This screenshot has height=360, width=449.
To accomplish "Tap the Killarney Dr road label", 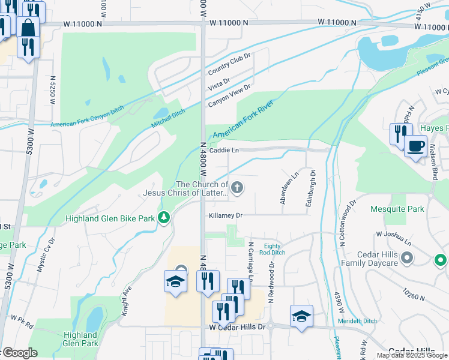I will [x=226, y=215].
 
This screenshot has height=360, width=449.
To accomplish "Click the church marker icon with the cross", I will [x=238, y=188].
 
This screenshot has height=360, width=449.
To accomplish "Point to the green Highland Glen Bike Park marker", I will [x=164, y=218].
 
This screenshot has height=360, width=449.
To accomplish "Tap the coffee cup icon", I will [x=415, y=146].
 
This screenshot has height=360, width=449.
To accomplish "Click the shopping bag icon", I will [x=28, y=28].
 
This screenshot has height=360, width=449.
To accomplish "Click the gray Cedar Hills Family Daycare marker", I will [x=408, y=258].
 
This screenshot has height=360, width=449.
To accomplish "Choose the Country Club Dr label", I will [x=229, y=64].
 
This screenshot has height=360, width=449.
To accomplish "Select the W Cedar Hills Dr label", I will [x=237, y=327].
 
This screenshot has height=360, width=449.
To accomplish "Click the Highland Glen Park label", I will [x=81, y=339].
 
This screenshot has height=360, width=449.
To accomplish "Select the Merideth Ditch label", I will [x=357, y=321].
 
